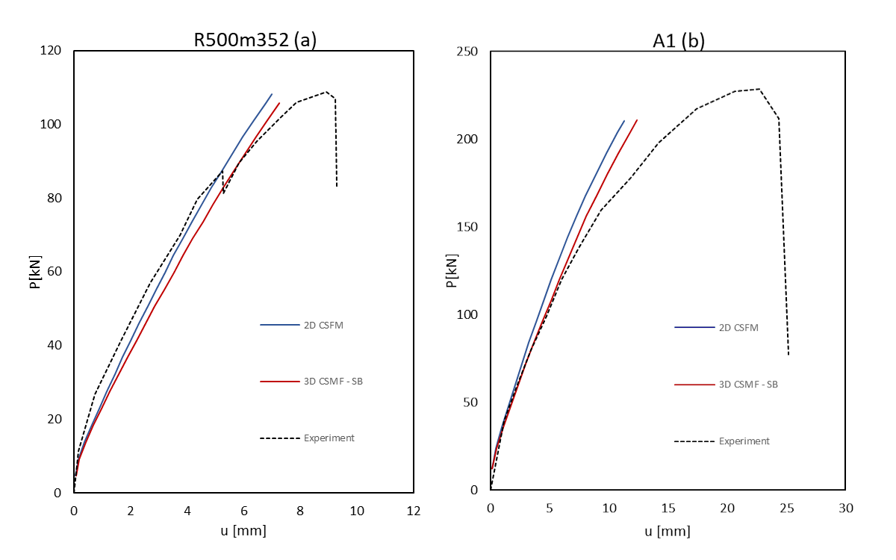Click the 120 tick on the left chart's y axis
pyautogui.click(x=55, y=52)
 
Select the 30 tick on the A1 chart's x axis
pyautogui.click(x=845, y=508)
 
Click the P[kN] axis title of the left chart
pyautogui.click(x=36, y=273)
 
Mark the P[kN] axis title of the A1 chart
pyautogui.click(x=450, y=273)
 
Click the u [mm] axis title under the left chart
pyautogui.click(x=243, y=531)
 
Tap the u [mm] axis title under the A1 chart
pyautogui.click(x=668, y=531)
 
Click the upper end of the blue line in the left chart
pyautogui.click(x=272, y=94)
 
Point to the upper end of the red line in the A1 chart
pyautogui.click(x=637, y=119)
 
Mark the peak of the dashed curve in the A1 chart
pyautogui.click(x=759, y=89)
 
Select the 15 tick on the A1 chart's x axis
pyautogui.click(x=668, y=508)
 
